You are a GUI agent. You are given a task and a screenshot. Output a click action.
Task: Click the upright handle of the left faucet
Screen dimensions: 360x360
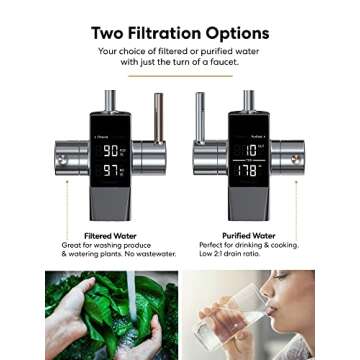pyautogui.click(x=156, y=115)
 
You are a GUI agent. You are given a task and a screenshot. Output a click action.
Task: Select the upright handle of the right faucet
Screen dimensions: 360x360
pyautogui.click(x=199, y=115)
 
